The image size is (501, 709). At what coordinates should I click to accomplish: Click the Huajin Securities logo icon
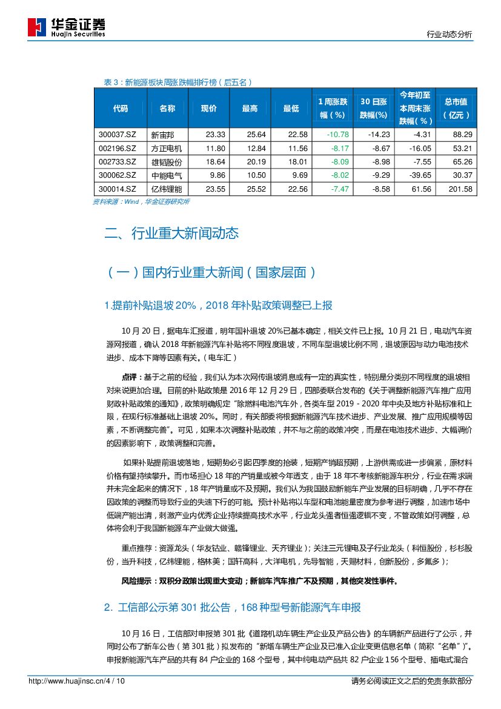point(37,27)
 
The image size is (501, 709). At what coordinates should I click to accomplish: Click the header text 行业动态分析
point(449,35)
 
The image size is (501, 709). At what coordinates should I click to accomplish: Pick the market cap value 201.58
point(458,189)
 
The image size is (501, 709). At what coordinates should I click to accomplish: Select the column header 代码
point(121,109)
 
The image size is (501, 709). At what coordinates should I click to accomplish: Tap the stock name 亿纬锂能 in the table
point(167,189)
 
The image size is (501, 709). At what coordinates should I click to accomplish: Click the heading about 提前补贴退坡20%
point(218,305)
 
